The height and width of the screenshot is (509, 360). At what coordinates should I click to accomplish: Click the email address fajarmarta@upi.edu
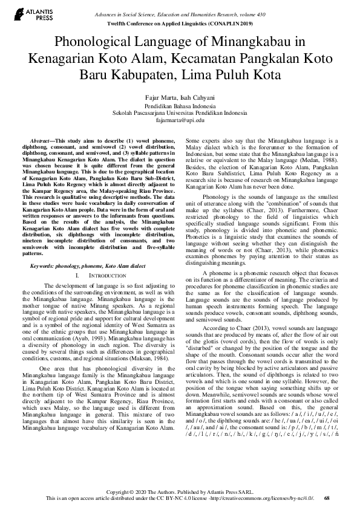click(180, 120)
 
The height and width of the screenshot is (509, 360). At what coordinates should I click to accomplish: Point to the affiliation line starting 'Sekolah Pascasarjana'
click(180, 113)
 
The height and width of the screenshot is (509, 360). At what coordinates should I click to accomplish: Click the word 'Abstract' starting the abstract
click(40, 140)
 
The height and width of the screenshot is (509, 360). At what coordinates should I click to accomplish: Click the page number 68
click(327, 498)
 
